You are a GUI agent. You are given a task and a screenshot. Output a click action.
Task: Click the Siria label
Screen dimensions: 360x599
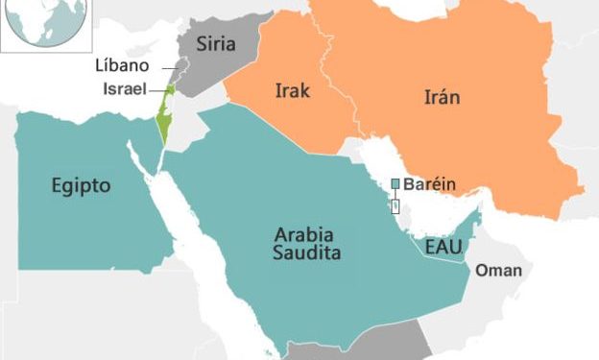click(x=216, y=43)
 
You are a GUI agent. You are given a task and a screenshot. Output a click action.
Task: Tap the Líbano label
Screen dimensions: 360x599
click(x=121, y=66)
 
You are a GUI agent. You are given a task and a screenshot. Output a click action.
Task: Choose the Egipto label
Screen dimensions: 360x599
click(x=82, y=184)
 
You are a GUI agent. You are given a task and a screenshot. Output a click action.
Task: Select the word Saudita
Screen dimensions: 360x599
click(x=306, y=253)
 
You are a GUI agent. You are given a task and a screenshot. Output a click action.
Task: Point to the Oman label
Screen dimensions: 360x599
click(x=499, y=271)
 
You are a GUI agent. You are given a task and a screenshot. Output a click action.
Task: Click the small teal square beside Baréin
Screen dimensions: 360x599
click(x=395, y=183)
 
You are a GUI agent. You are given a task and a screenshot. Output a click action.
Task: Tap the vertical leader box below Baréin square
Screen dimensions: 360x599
click(x=395, y=204)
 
